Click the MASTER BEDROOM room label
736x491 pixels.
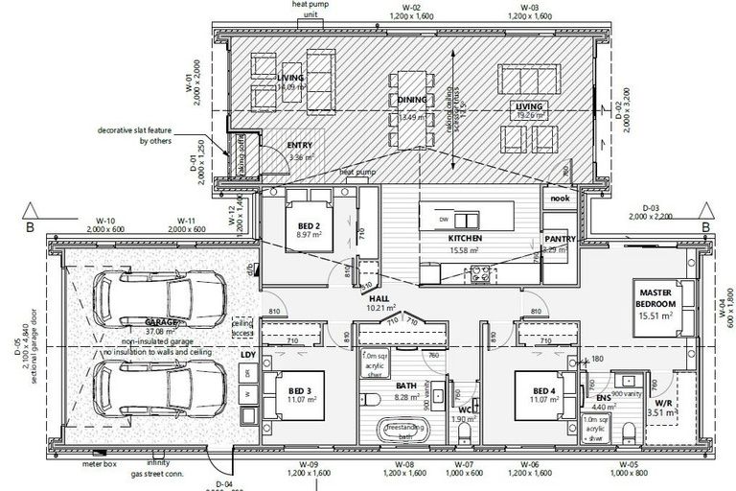[656, 296]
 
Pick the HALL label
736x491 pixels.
[379, 298]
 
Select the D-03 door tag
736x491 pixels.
[651, 207]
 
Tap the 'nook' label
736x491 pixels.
[559, 199]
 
